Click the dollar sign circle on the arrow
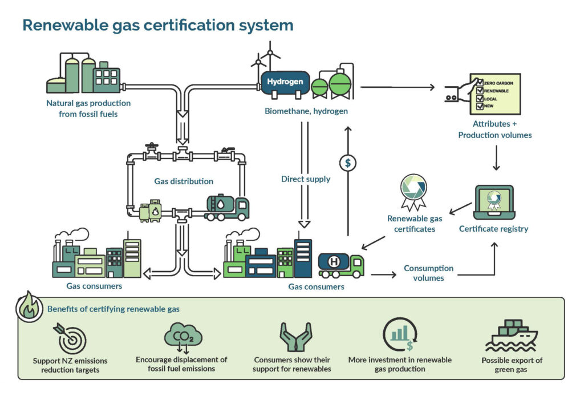[347, 163]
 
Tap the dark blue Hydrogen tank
[285, 83]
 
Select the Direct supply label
[305, 179]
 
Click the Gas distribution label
[184, 181]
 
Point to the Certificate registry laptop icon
[494, 201]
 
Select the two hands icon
[295, 337]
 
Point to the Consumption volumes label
[428, 273]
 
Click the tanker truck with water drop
[226, 208]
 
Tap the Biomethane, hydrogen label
[306, 111]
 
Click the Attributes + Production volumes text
[494, 130]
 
